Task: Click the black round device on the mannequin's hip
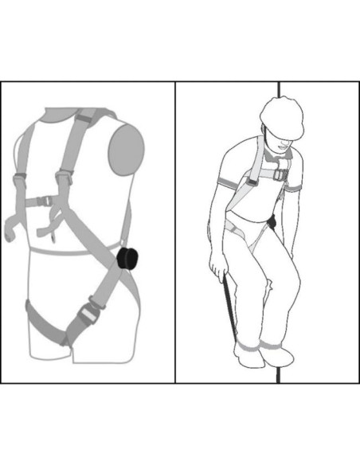coord(126,260)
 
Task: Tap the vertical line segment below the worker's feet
coord(278,374)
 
